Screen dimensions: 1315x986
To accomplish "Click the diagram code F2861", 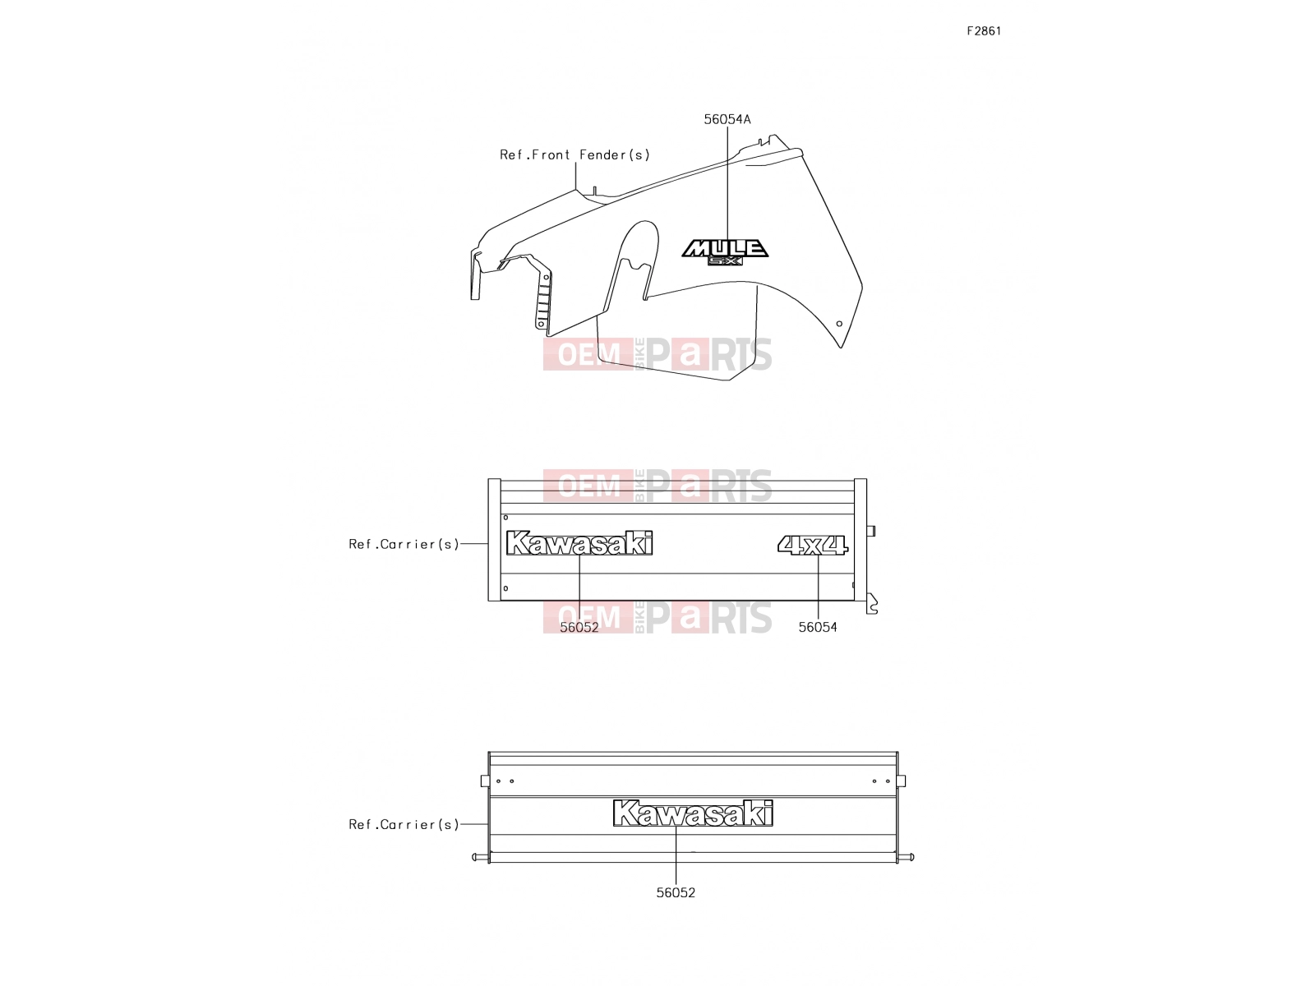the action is click(x=983, y=31).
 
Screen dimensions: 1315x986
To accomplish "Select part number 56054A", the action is click(x=727, y=119).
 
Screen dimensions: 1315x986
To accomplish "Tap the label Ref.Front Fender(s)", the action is click(x=574, y=154).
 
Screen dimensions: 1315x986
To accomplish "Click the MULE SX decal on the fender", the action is click(x=725, y=252).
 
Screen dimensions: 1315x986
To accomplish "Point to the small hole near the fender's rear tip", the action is click(x=839, y=324).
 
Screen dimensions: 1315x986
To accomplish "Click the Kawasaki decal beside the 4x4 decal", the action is click(x=579, y=543).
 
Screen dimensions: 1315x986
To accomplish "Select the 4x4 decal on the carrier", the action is click(x=812, y=545).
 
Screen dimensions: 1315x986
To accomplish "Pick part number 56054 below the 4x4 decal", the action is click(x=817, y=627).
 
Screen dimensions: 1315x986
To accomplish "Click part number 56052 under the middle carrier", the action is click(x=579, y=627).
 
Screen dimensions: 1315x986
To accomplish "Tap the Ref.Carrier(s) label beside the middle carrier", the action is click(x=404, y=544).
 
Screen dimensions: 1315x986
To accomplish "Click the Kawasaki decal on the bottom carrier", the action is click(x=693, y=813).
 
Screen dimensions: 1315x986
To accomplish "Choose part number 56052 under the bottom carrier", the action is click(x=676, y=892).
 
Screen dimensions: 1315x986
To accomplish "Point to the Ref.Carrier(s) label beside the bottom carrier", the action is click(x=404, y=824).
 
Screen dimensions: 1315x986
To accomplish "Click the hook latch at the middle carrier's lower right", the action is click(x=872, y=603).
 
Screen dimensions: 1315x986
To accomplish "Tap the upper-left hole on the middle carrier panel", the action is click(x=505, y=518).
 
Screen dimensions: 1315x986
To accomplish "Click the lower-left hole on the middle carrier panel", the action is click(x=505, y=588).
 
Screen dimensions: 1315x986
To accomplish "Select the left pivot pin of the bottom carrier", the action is click(x=480, y=857).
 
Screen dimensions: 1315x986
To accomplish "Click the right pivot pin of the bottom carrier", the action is click(x=906, y=857).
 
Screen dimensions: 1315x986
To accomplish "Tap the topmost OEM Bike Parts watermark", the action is click(x=657, y=354).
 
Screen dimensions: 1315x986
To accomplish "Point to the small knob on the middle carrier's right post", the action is click(x=870, y=531).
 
